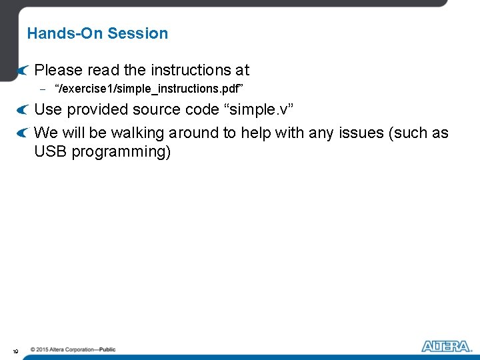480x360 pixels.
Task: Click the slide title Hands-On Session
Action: [97, 33]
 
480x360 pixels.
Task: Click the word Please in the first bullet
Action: [58, 70]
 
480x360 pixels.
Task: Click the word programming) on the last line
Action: [121, 153]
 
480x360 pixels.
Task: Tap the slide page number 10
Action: [14, 351]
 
